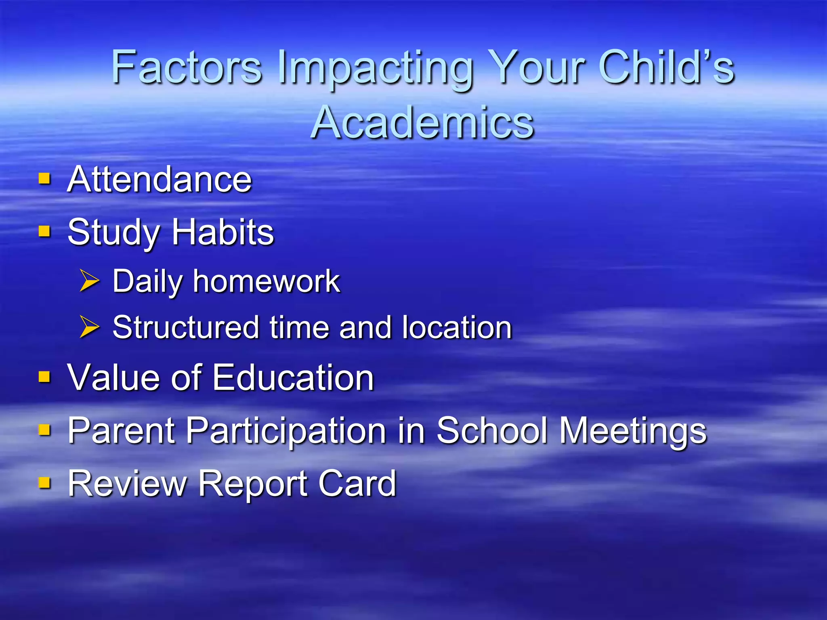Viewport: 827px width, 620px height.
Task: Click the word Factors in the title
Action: coord(187,67)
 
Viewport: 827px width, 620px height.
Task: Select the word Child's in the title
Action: coord(666,67)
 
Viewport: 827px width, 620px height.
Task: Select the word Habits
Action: coord(223,232)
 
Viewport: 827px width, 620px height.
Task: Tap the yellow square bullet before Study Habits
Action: coord(44,232)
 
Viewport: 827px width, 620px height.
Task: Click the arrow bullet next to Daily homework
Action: coord(89,281)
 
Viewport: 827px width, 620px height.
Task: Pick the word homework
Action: coord(267,281)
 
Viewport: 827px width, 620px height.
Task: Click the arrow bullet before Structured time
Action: coord(89,327)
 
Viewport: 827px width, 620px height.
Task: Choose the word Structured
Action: coord(186,327)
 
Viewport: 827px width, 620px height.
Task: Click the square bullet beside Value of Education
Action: coord(44,377)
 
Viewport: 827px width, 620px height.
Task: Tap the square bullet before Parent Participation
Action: coord(44,430)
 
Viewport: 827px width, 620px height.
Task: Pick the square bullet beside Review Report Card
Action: coord(44,483)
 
